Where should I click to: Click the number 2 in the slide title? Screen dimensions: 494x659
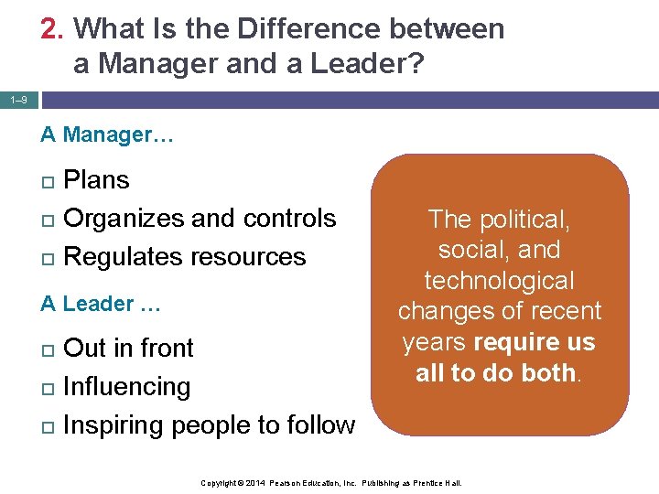(x=50, y=29)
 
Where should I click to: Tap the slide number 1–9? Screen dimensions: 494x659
(x=18, y=99)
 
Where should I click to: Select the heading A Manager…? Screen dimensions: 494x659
(x=108, y=135)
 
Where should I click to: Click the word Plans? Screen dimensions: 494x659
(x=96, y=180)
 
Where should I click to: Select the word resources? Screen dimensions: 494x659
(x=249, y=257)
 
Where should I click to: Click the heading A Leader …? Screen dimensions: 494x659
(x=101, y=305)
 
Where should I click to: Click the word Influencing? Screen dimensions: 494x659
(x=126, y=387)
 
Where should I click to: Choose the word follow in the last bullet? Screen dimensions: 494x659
(x=319, y=425)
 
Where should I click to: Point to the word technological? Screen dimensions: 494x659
(x=499, y=281)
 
